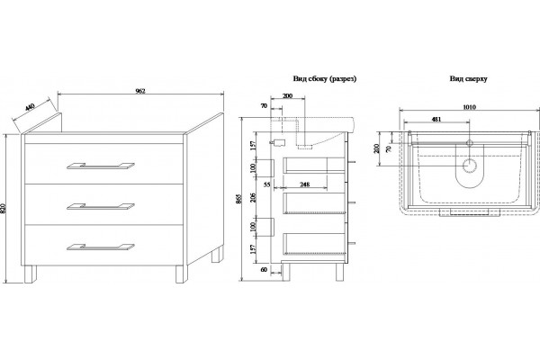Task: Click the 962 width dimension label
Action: pyautogui.click(x=140, y=91)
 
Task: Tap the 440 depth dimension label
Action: pyautogui.click(x=30, y=108)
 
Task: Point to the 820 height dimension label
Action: pyautogui.click(x=4, y=209)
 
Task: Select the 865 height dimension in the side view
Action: pyautogui.click(x=240, y=199)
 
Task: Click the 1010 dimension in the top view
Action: pyautogui.click(x=469, y=107)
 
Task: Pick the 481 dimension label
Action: pyautogui.click(x=436, y=120)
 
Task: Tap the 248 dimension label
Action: pyautogui.click(x=304, y=184)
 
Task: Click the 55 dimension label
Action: pyautogui.click(x=267, y=184)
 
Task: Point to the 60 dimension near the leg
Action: pyautogui.click(x=264, y=270)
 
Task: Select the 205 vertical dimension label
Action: pyautogui.click(x=254, y=197)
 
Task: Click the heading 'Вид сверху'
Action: pyautogui.click(x=468, y=78)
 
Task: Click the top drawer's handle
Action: pyautogui.click(x=101, y=166)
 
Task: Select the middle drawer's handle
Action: pyautogui.click(x=101, y=206)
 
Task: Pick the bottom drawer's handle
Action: pyautogui.click(x=101, y=247)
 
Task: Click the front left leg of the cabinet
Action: pyautogui.click(x=31, y=274)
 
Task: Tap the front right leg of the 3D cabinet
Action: pyautogui.click(x=182, y=274)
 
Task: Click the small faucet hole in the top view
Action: pyautogui.click(x=470, y=143)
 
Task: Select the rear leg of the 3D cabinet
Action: pyautogui.click(x=217, y=254)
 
